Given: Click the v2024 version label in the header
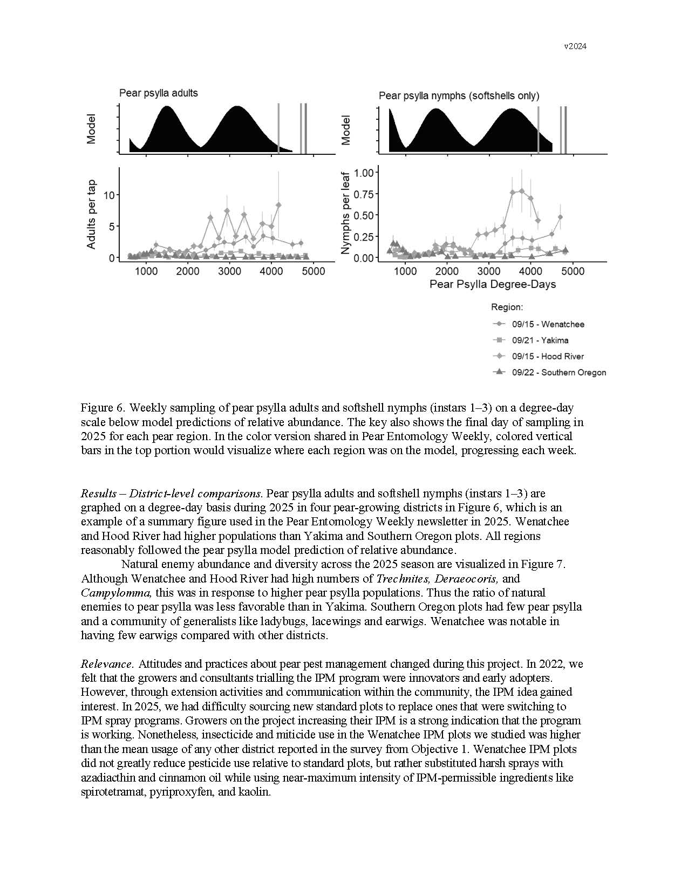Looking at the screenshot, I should [575, 46].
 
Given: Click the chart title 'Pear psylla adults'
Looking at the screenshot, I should [158, 93].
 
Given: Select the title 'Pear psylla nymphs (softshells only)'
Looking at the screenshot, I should [459, 96].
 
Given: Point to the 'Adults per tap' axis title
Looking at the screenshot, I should [92, 214].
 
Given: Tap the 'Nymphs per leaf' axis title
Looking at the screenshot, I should [346, 214].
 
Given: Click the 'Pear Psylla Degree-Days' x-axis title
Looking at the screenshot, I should [492, 284].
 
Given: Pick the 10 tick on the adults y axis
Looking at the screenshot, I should [109, 195].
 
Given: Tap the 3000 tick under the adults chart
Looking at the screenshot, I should [229, 271].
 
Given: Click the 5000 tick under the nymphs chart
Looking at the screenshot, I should [573, 271].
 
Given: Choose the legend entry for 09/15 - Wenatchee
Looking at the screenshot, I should [548, 324].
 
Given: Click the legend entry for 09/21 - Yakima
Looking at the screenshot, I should [540, 340].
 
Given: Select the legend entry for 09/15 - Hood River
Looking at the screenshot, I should [548, 357].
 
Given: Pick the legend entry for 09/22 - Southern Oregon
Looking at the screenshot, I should [558, 373].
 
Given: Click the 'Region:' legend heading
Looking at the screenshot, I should [507, 307].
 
